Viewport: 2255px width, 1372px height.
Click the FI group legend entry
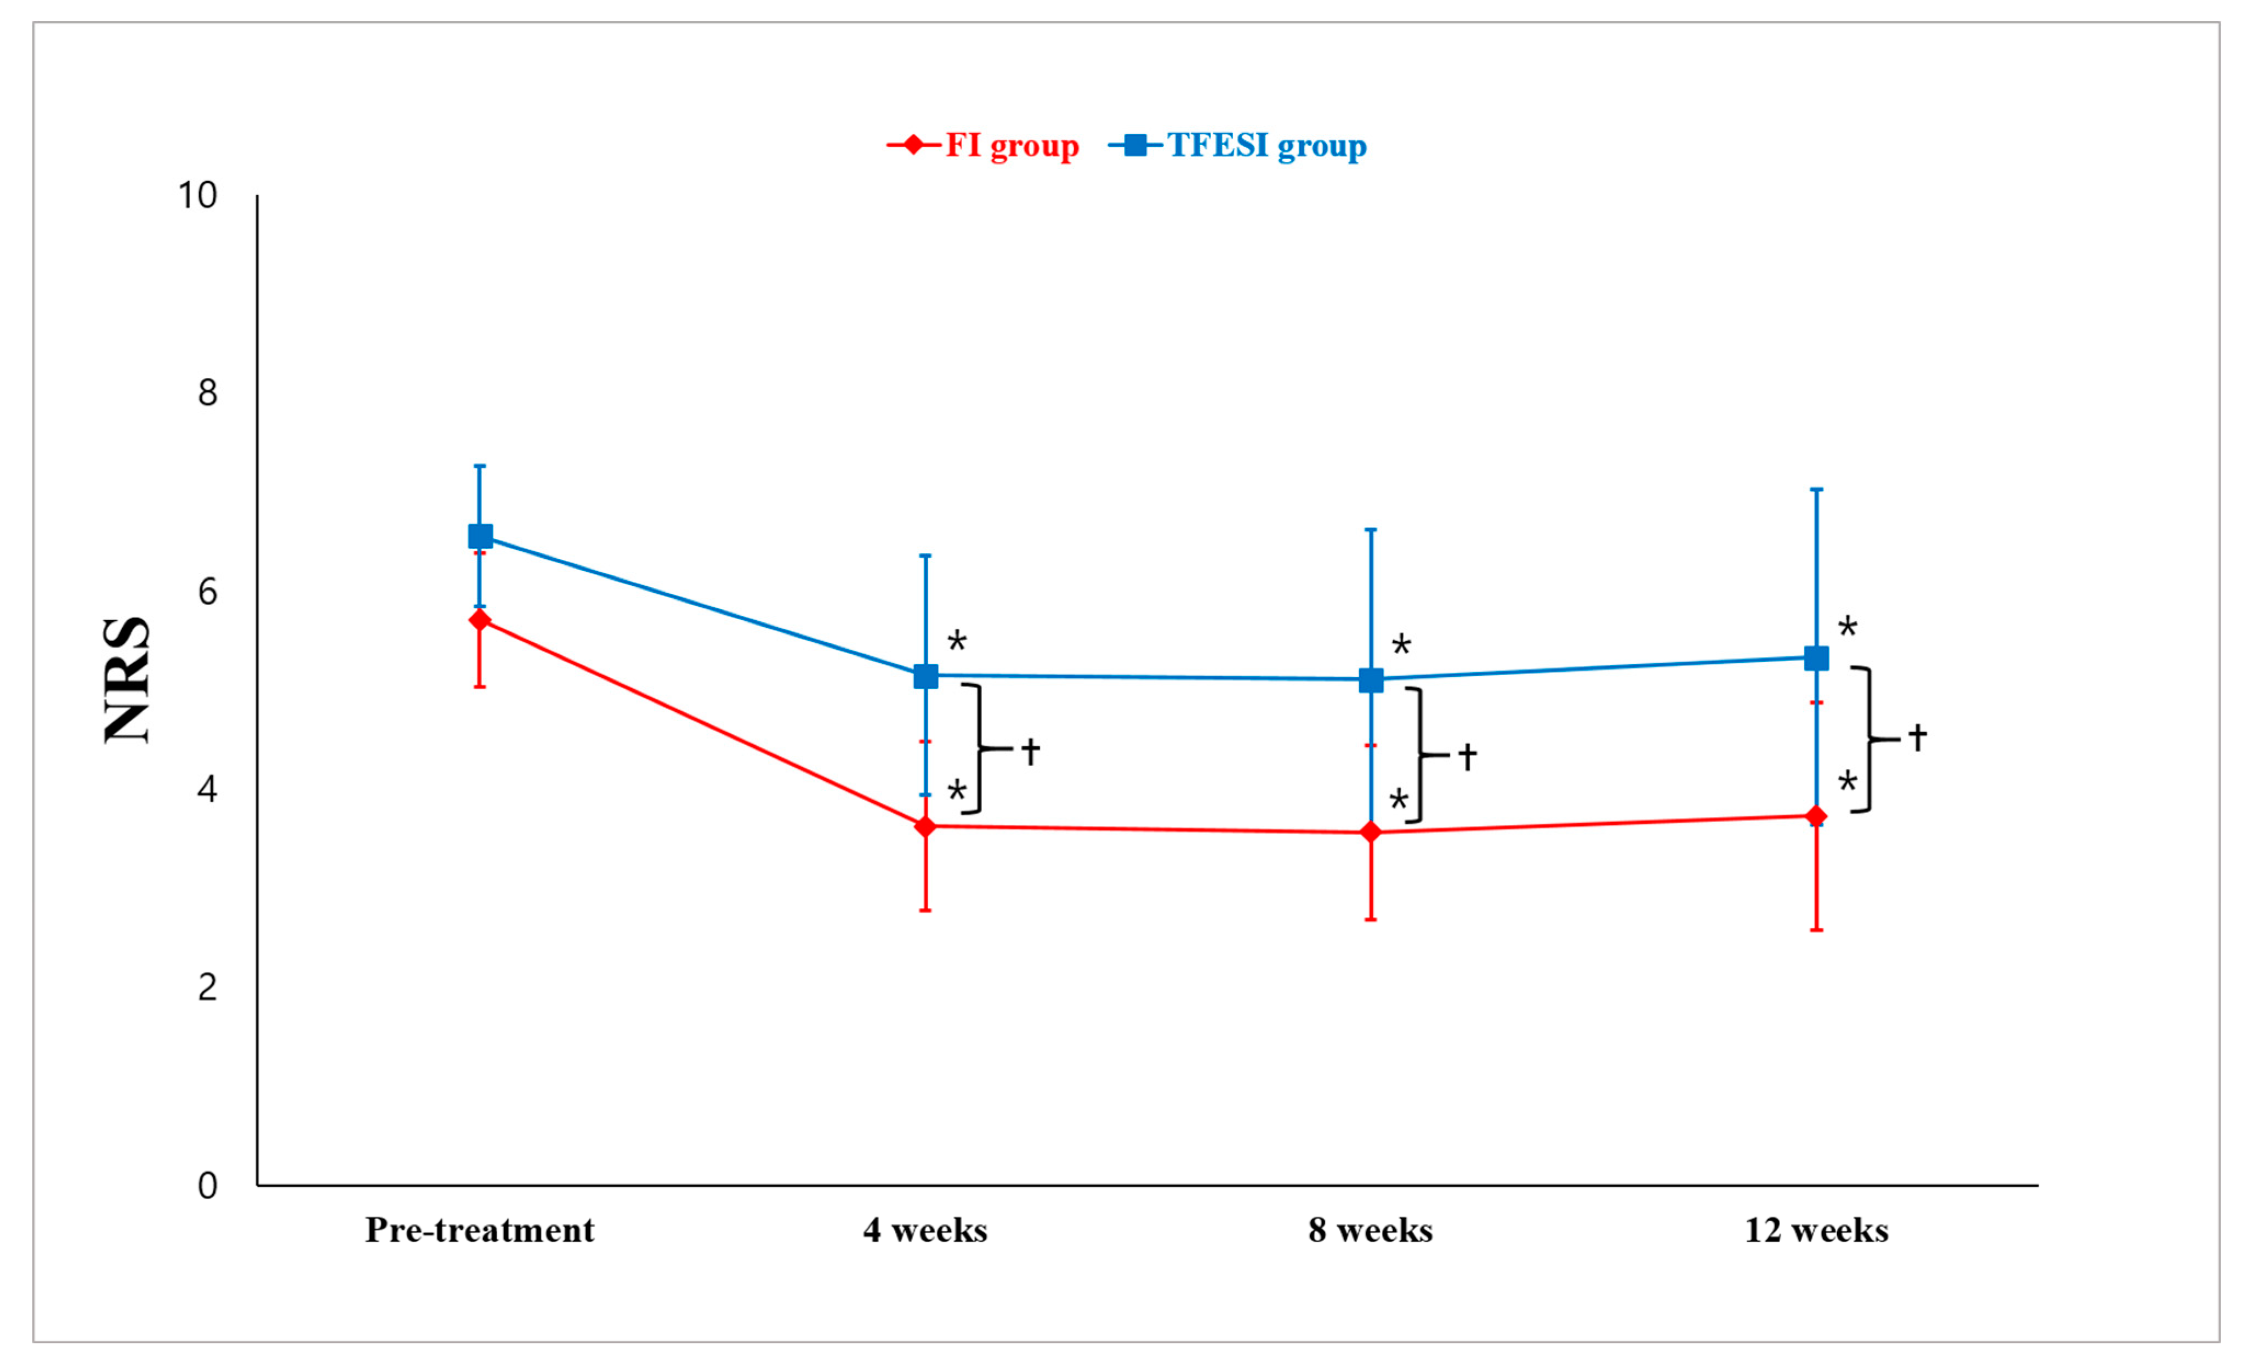(983, 145)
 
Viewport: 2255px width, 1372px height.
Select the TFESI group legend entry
(1237, 145)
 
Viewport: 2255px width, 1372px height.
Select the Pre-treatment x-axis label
(480, 1231)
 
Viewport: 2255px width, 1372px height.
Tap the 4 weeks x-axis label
(925, 1231)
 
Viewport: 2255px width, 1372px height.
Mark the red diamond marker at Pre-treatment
(480, 621)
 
